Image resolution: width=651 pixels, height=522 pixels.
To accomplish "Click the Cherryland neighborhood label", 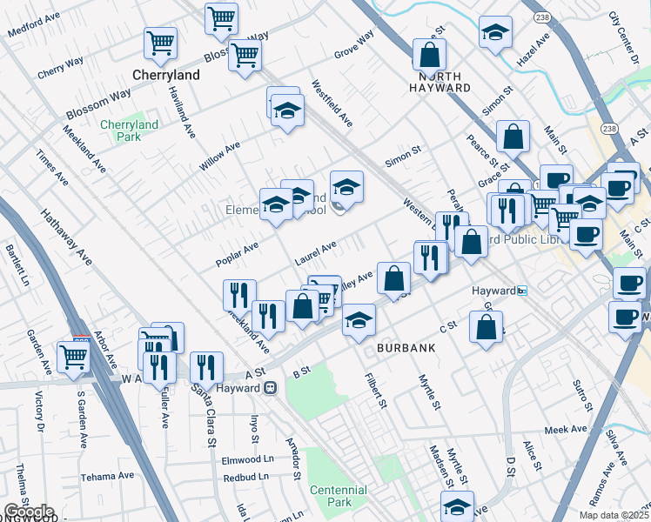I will point(165,75).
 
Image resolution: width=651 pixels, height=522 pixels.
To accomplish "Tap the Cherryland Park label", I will point(129,130).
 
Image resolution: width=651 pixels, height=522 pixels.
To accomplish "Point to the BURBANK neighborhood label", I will point(405,347).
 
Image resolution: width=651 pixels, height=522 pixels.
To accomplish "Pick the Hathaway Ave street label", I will point(66,236).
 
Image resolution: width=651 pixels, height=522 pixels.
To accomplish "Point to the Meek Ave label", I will point(567,429).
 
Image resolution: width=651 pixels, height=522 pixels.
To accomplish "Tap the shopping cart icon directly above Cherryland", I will point(161,43).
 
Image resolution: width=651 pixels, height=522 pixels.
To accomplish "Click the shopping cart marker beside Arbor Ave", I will point(74,355).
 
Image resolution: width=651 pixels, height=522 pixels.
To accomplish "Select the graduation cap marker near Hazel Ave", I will point(495,32).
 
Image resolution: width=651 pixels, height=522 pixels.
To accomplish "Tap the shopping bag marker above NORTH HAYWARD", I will point(429,55).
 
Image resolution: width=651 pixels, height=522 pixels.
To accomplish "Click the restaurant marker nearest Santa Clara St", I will point(206,365).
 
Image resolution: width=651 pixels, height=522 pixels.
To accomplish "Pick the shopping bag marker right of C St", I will point(487,326).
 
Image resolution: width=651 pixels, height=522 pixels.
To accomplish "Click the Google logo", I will point(29,512).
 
